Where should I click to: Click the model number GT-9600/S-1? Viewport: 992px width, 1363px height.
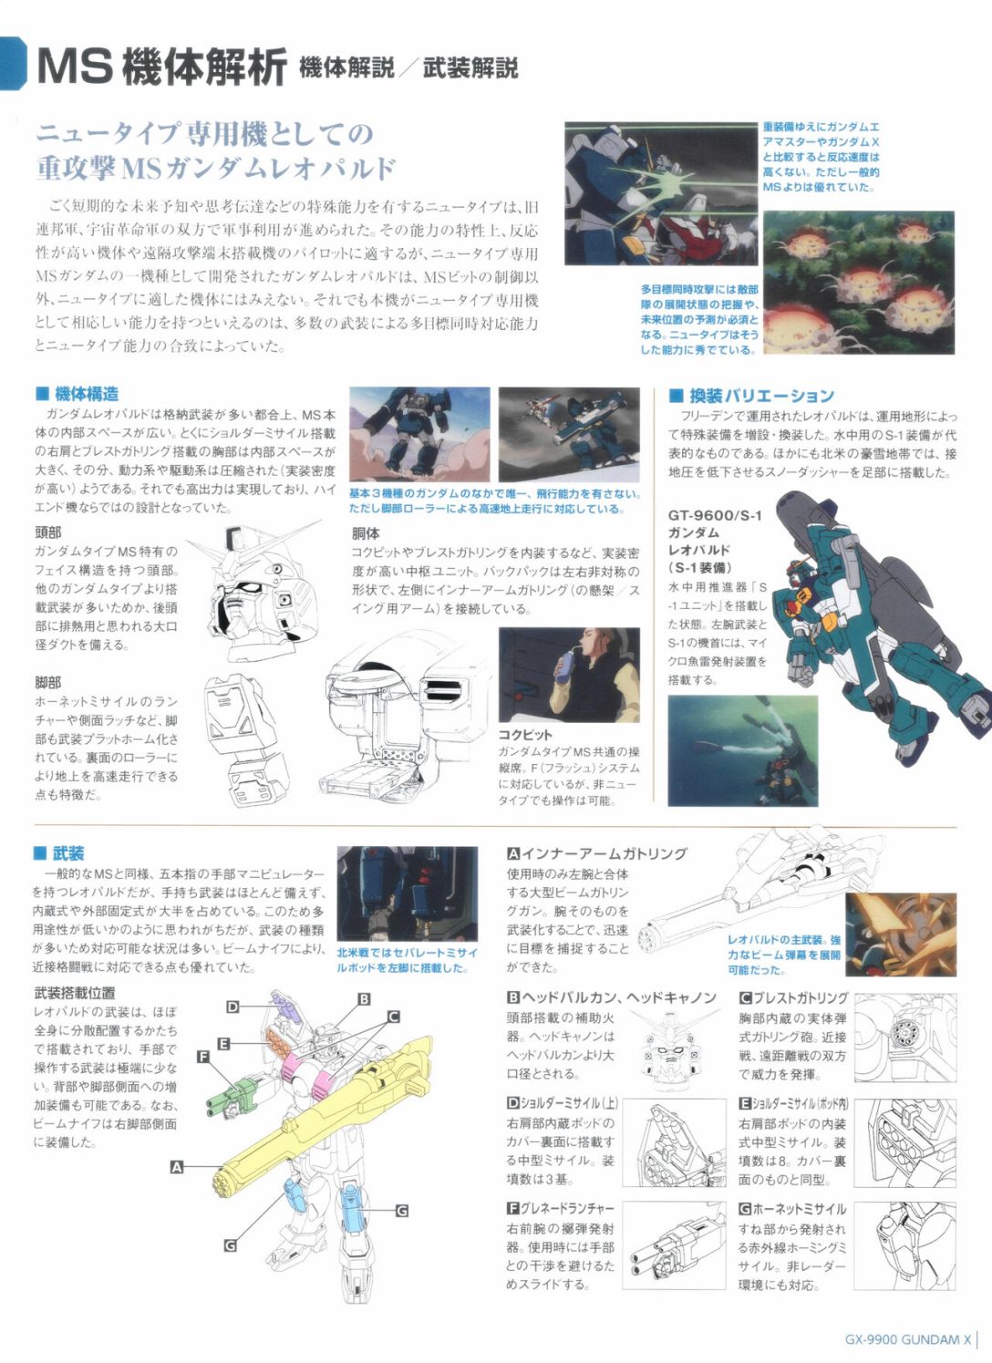point(715,515)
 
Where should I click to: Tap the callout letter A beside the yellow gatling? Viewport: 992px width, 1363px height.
point(177,1167)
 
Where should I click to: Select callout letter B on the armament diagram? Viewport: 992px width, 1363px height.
point(364,999)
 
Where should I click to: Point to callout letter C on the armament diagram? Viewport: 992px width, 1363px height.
point(393,1017)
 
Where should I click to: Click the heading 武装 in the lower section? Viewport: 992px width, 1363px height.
point(59,853)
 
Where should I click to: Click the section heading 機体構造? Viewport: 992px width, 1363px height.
point(77,394)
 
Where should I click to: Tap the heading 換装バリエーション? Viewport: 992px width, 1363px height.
point(751,396)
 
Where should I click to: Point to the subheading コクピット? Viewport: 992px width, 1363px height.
point(525,735)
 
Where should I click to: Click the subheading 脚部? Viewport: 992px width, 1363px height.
point(48,683)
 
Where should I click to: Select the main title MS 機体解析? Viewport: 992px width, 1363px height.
point(161,67)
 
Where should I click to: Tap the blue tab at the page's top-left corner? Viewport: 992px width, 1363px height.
point(12,63)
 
